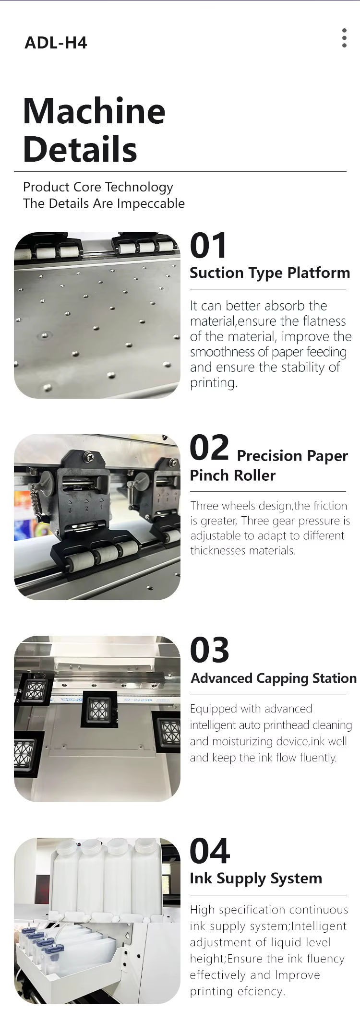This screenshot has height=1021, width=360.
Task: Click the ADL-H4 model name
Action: pos(56,43)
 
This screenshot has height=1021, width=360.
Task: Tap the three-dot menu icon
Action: pos(344,38)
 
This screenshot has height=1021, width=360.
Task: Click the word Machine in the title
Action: pos(95,111)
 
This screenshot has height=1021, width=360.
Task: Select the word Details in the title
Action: pos(80,149)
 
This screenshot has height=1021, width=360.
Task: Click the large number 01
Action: pos(208,246)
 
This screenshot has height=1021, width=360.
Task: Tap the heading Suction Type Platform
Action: pos(270,273)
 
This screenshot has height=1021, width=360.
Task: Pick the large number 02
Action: pos(209,447)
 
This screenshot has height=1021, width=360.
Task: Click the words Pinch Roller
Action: pos(233,475)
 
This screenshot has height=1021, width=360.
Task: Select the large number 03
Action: pos(210,650)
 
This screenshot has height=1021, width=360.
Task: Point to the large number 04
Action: pos(210,851)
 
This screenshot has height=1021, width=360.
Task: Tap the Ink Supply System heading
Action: pos(256,879)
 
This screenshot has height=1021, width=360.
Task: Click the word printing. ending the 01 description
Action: pos(214,383)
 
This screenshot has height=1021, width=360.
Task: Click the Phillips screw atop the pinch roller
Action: pos(88,457)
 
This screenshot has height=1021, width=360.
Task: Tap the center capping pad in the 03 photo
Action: pos(99,709)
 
